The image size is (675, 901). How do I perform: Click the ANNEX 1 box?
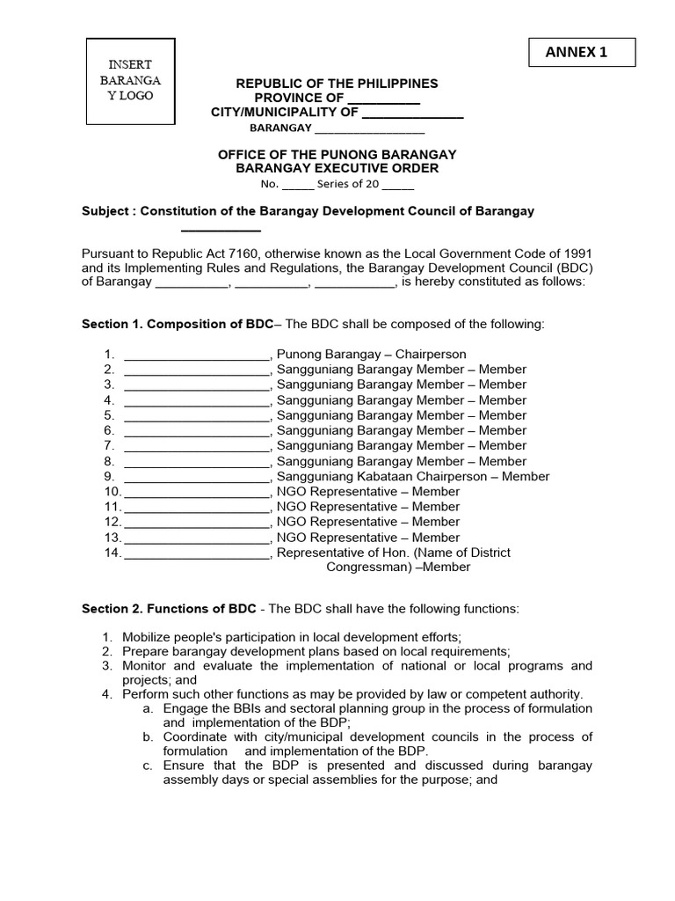(x=583, y=53)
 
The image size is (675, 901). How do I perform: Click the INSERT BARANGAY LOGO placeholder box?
(x=130, y=81)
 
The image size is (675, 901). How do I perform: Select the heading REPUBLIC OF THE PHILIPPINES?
(x=337, y=84)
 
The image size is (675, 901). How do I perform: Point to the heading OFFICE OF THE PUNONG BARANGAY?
(x=337, y=154)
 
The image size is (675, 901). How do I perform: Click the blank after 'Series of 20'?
(x=397, y=185)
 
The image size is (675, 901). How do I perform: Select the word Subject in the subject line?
(x=106, y=211)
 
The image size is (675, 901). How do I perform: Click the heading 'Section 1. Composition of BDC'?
(x=178, y=324)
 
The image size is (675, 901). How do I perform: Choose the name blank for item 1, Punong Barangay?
(x=197, y=355)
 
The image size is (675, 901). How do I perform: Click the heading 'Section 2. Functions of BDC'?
(x=169, y=609)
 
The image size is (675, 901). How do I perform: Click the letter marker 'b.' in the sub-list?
(x=149, y=736)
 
